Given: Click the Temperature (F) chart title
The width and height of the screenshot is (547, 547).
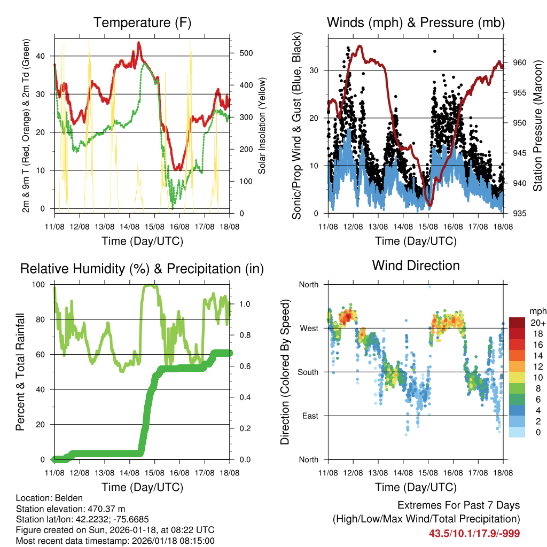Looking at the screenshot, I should pos(142,22).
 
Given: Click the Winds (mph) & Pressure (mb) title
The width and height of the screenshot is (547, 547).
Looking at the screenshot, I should pos(416,22).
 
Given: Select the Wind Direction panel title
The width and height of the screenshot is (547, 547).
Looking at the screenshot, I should pos(416,265).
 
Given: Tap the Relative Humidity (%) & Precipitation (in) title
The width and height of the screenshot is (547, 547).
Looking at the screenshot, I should pos(142,269).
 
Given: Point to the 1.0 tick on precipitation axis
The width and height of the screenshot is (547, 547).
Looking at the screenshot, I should pos(245,304).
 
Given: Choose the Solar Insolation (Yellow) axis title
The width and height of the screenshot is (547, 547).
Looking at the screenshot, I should pos(262,126).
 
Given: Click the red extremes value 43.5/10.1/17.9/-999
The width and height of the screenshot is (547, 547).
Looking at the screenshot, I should pos(474,533).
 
